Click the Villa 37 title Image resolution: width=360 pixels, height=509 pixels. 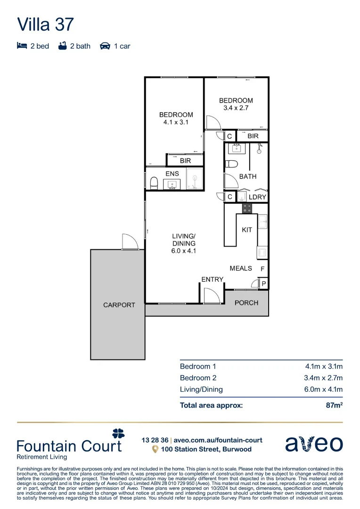(x=45, y=25)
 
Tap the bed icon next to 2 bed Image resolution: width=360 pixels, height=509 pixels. (x=22, y=46)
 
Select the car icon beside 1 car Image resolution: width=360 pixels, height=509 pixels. (x=105, y=46)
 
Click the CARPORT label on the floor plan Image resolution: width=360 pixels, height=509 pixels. (x=119, y=305)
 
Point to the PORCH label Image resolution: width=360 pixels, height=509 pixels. (x=246, y=303)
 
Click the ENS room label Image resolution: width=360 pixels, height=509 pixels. (x=172, y=173)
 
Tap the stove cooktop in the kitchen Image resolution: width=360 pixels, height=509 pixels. (x=247, y=208)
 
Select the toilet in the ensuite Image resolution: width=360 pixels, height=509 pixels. (x=154, y=183)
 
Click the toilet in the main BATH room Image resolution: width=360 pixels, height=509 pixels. (x=231, y=164)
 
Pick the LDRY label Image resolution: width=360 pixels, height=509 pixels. (x=257, y=197)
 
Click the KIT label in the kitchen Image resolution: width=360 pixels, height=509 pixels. (x=247, y=230)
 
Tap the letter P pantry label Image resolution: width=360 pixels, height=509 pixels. (x=263, y=284)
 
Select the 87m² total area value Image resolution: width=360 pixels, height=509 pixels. (x=335, y=405)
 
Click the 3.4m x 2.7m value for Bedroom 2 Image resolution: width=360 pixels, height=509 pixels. (x=323, y=378)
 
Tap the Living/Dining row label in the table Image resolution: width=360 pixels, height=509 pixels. (x=201, y=390)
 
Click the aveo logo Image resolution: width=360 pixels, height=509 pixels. (x=314, y=443)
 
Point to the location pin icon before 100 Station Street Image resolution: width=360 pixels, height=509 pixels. (x=155, y=449)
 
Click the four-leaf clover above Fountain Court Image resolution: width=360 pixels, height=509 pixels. (x=118, y=433)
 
